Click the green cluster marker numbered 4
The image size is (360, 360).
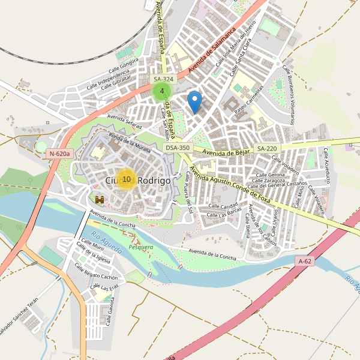tap(162, 91)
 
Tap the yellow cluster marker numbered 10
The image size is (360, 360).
tap(126, 179)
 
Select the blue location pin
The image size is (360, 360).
tap(194, 100)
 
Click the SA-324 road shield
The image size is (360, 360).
tap(163, 79)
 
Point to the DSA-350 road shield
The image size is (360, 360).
tap(178, 148)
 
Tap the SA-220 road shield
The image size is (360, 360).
tap(268, 148)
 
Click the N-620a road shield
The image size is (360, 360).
tap(60, 154)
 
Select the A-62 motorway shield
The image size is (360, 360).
tap(305, 261)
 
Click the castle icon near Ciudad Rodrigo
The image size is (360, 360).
tap(100, 199)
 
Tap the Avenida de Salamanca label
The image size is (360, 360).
tap(213, 51)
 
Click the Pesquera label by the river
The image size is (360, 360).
tap(141, 247)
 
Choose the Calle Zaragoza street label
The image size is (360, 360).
tap(268, 180)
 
